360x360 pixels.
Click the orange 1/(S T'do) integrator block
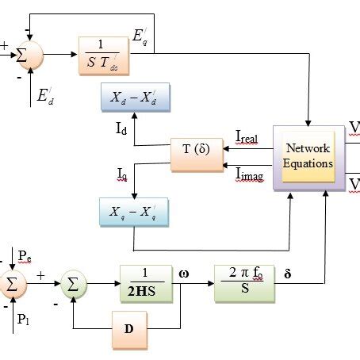point(109,56)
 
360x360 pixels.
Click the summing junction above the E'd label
point(28,56)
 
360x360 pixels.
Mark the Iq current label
point(121,174)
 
